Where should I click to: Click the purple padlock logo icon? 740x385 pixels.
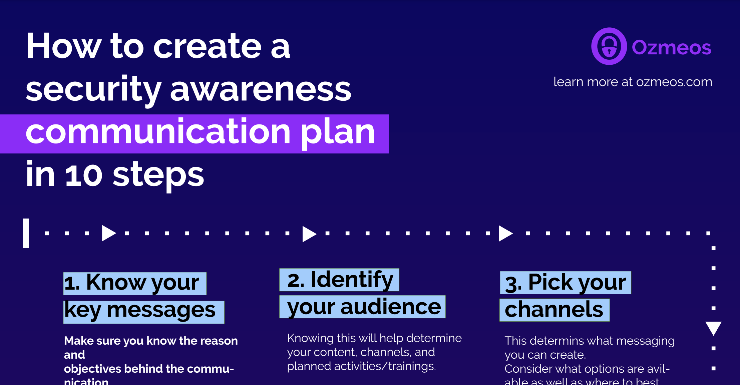click(609, 46)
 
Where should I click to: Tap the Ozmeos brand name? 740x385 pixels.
click(671, 47)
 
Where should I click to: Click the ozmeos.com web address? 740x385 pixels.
click(674, 82)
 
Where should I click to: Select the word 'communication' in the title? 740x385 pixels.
click(158, 133)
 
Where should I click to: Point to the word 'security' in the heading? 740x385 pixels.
click(93, 89)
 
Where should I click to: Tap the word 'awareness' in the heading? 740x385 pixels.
click(261, 89)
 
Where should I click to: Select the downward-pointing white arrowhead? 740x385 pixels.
click(713, 328)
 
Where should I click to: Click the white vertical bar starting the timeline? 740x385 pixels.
click(26, 233)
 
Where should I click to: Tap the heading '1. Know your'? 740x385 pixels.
click(135, 283)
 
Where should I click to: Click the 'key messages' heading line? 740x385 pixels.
click(143, 312)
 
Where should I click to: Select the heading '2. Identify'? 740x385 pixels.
click(339, 280)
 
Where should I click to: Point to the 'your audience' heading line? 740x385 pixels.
click(362, 307)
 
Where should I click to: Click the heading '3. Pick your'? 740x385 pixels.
click(565, 283)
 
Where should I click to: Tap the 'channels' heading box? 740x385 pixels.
click(554, 310)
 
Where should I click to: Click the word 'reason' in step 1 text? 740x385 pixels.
click(219, 341)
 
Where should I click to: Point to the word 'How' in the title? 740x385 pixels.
click(63, 47)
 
